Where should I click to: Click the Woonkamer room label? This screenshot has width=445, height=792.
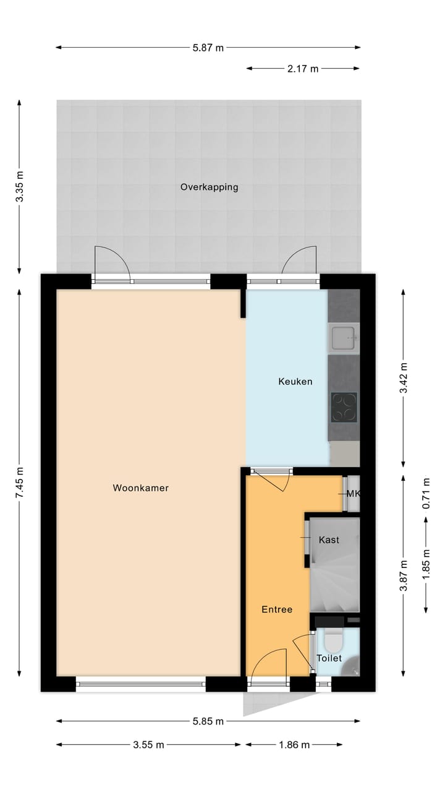[140, 488]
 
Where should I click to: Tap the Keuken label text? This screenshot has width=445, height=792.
[295, 382]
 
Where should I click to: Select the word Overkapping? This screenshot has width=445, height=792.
[209, 187]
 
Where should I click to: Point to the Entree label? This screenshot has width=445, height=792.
[276, 609]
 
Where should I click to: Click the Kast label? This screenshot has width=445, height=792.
[329, 540]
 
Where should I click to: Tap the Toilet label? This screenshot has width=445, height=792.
[329, 658]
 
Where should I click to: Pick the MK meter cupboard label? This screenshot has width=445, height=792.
[354, 494]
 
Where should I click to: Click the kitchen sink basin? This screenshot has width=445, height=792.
[344, 338]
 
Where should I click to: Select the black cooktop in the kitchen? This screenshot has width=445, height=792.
[344, 407]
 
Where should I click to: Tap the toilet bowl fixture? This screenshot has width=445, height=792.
[334, 641]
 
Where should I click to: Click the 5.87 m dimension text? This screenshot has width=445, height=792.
[208, 48]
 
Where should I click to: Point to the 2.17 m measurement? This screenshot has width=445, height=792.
[303, 69]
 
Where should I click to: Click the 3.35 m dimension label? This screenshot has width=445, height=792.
[20, 186]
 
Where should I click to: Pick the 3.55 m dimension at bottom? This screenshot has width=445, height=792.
[148, 745]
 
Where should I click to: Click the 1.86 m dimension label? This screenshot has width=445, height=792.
[294, 745]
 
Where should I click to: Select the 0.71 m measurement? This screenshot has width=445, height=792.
[426, 493]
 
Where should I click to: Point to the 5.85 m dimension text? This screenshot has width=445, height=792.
[208, 721]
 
